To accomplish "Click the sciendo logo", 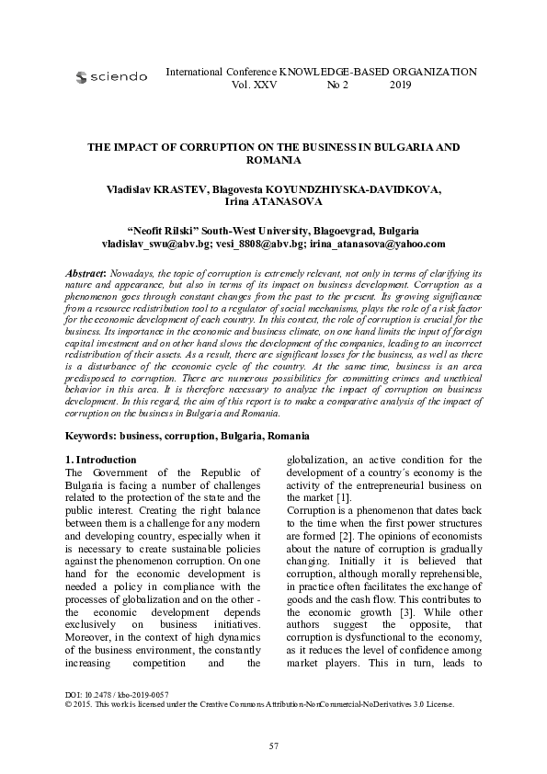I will click(111, 77).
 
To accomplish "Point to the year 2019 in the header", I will click(401, 85).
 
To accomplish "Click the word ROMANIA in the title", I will click(273, 160).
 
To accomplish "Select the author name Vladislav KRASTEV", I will click(156, 189).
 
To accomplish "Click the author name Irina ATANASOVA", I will click(273, 201).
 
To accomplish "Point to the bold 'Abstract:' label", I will click(87, 274).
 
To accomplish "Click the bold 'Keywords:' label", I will click(92, 435).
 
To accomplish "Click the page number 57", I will click(273, 746).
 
